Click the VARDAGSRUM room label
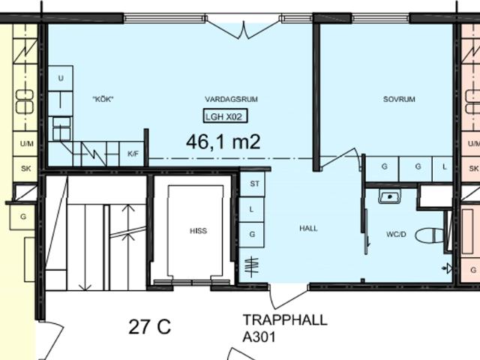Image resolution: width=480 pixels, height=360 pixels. pos(231,99)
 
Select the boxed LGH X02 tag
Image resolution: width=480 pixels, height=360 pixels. pos(225,116)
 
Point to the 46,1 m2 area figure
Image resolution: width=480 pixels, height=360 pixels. pos(223,142)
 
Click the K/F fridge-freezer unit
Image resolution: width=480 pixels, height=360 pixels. pos(133,154)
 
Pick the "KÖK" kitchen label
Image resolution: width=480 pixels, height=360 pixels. pos(103,99)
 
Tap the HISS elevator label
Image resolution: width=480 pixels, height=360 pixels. pos(198,231)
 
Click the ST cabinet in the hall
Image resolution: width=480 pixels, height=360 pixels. pos(252,184)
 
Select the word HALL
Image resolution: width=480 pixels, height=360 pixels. pos(308,228)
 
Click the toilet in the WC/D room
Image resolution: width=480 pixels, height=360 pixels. pos(429,235)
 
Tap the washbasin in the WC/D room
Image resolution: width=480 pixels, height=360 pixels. pos(389,196)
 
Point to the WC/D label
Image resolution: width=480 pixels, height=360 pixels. pos(396,235)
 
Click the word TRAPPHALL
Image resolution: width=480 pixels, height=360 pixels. pos(285,320)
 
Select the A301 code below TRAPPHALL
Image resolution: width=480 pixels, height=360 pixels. pos(259,337)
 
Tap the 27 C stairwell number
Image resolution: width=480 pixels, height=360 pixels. pos(150,327)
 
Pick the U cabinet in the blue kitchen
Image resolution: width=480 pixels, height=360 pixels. pos(61,78)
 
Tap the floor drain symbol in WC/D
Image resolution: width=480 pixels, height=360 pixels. pos(448,268)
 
